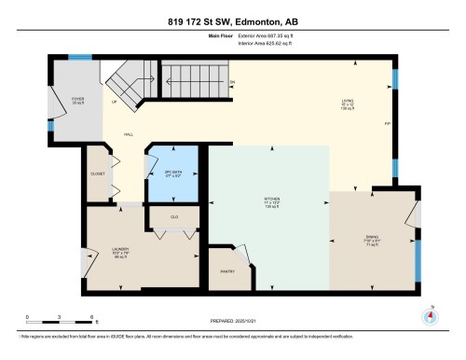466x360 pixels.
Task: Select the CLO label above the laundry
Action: (x=173, y=217)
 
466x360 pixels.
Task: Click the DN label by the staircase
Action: (x=232, y=82)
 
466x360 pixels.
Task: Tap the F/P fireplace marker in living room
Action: (x=386, y=122)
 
